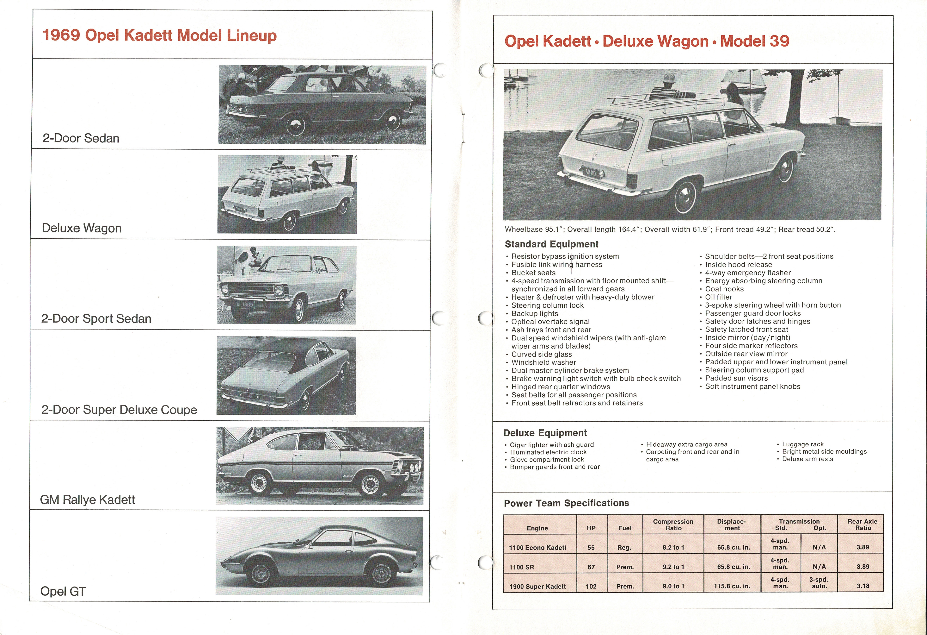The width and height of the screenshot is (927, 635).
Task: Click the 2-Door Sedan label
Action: [x=81, y=138]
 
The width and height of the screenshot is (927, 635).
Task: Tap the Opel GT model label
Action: [x=63, y=591]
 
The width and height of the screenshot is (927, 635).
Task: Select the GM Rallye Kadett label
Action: [x=87, y=500]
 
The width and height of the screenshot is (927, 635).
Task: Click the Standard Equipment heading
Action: [x=551, y=244]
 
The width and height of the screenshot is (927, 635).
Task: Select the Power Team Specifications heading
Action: [x=566, y=503]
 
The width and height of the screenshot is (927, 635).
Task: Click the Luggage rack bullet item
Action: [x=802, y=444]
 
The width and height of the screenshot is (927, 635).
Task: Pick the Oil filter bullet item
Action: [x=718, y=297]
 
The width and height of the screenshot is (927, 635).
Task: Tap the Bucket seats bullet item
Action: [x=533, y=273]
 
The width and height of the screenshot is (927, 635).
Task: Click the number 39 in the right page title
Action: [x=779, y=41]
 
